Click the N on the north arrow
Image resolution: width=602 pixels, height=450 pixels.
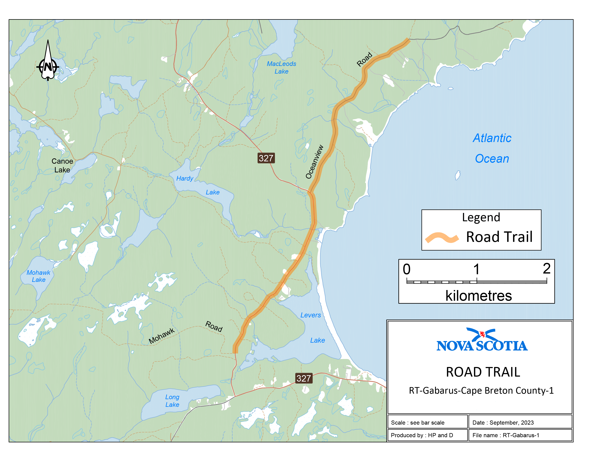pos(48,67)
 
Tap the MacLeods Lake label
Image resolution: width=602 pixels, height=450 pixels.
pos(281,67)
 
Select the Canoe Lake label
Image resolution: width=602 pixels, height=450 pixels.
pos(62,165)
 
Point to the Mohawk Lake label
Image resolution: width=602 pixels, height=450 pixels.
pos(38,276)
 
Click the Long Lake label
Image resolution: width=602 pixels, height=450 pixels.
pos(172,401)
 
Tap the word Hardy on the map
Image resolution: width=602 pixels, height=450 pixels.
pos(185,178)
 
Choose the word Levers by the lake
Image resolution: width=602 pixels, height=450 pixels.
pos(311,315)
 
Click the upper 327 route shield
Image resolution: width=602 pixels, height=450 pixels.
pos(266,158)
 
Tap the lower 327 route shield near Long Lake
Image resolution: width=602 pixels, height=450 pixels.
pos(304,378)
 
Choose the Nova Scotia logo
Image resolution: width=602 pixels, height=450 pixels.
pos(482,340)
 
